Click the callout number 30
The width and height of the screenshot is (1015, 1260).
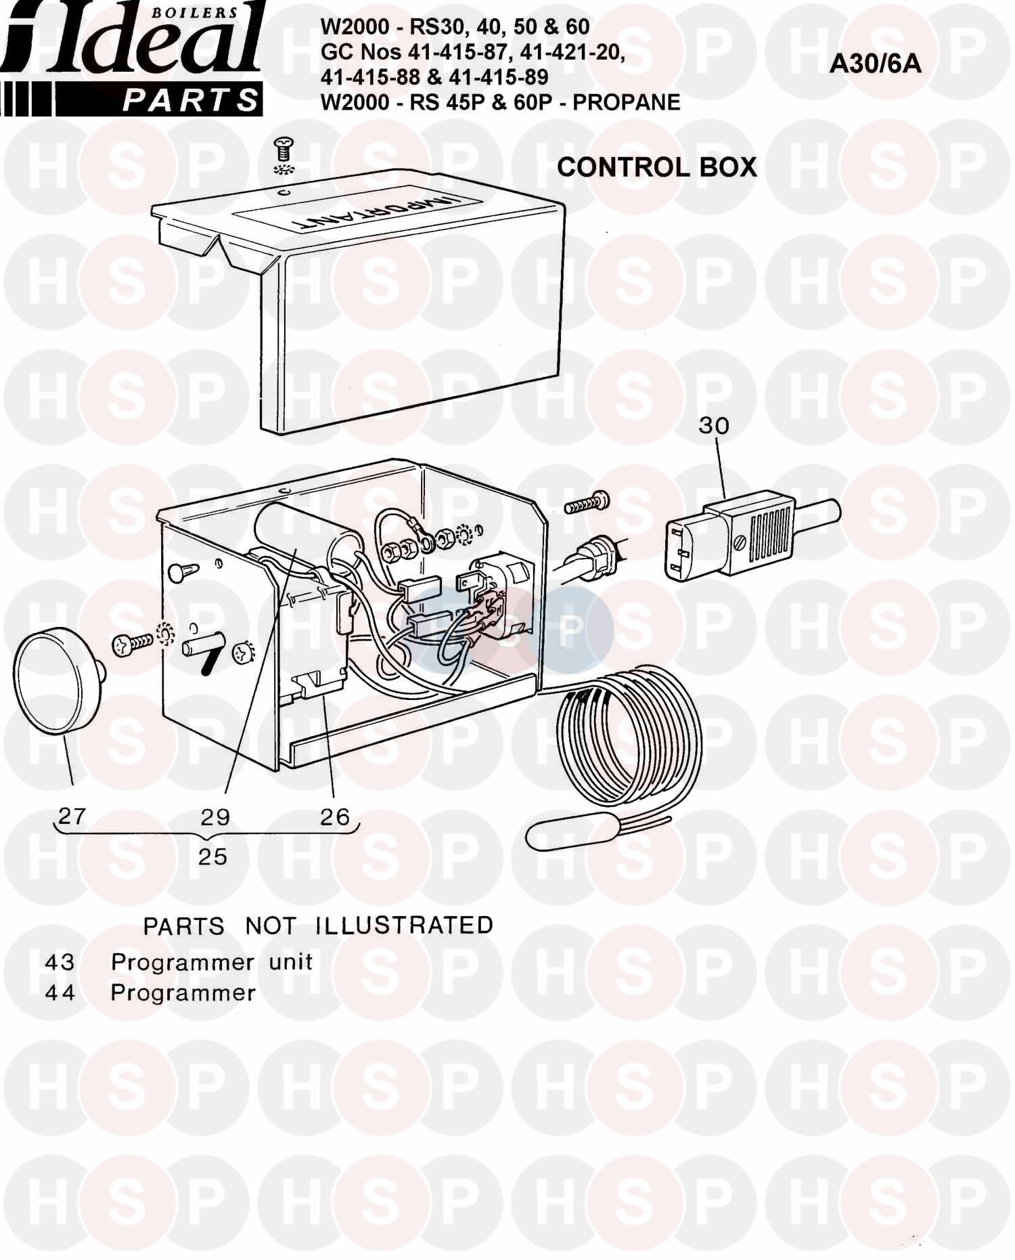[714, 425]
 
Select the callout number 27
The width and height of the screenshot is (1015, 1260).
[72, 816]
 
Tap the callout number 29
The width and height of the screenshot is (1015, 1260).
[215, 817]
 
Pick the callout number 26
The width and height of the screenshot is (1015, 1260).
[334, 817]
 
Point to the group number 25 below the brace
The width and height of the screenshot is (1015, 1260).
[212, 856]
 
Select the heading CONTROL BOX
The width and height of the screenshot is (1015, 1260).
[656, 167]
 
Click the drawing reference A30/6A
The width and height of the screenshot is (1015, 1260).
[876, 64]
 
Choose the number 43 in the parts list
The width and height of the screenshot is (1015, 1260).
[60, 961]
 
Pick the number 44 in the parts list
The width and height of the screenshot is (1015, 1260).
[60, 993]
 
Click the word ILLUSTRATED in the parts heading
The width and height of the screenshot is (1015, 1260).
[405, 925]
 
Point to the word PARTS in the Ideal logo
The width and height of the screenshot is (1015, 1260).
[191, 101]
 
